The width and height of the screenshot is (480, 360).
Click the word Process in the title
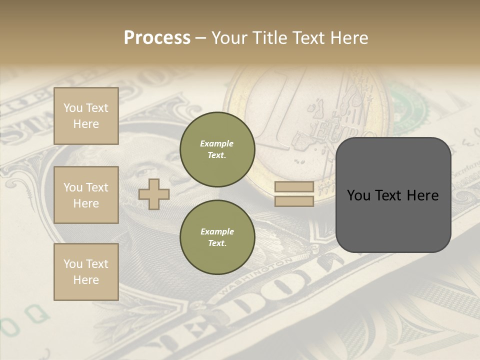point(157,38)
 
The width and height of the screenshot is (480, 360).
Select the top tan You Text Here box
point(86,116)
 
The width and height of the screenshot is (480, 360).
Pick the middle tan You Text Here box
point(86,195)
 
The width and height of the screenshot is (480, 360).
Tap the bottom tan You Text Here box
point(86,272)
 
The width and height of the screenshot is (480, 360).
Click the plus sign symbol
point(154,194)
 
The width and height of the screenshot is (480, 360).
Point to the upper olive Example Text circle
point(217,149)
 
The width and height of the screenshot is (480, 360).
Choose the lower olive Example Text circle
point(217,237)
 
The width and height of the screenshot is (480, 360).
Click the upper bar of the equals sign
point(294,186)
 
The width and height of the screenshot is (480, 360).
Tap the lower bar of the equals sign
point(294,201)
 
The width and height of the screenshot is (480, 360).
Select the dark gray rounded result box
point(393,195)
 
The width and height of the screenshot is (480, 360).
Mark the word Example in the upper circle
point(217,143)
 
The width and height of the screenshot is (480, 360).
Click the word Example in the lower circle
point(217,231)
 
